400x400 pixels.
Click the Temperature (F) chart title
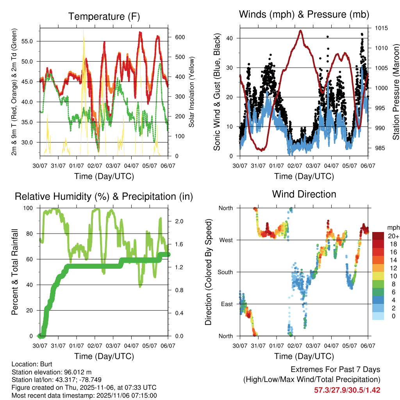[104, 16]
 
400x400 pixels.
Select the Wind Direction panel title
[304, 194]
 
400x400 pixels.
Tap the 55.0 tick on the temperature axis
[31, 41]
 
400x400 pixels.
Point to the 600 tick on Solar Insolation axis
[180, 37]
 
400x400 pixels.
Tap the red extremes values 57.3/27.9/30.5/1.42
[347, 390]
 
